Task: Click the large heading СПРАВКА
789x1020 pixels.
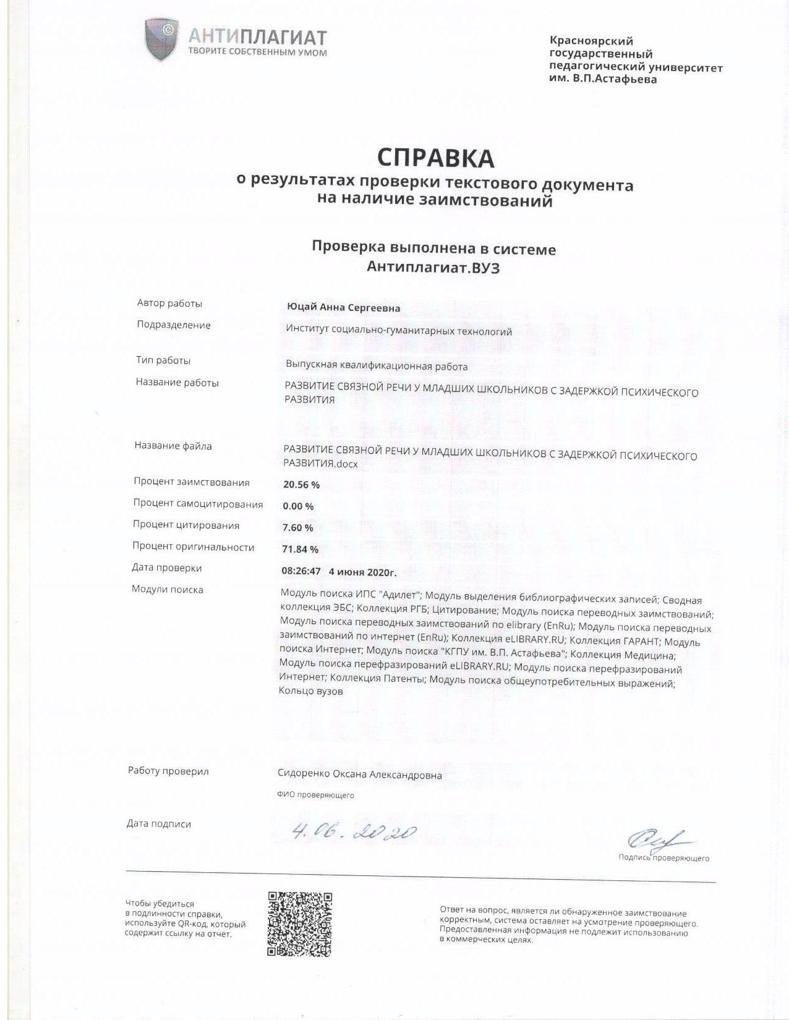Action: click(x=435, y=158)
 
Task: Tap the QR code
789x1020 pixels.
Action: click(x=300, y=924)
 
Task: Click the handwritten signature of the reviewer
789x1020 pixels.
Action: click(x=657, y=839)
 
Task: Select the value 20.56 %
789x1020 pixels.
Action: click(x=301, y=485)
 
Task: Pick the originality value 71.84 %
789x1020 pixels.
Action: click(x=300, y=549)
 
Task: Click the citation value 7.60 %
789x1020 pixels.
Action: click(x=297, y=527)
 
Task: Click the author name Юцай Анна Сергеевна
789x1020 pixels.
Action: click(x=343, y=308)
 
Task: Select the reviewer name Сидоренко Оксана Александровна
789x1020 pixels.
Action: click(x=360, y=775)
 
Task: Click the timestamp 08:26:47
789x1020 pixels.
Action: click(x=301, y=571)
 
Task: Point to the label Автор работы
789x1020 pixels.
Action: click(x=169, y=303)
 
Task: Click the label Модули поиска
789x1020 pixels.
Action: click(x=167, y=589)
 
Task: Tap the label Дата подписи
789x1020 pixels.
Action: click(x=158, y=823)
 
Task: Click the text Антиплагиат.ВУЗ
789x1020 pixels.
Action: click(x=433, y=267)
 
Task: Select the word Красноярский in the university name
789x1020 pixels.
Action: click(x=591, y=41)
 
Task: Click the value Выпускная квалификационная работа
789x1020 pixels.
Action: click(x=377, y=366)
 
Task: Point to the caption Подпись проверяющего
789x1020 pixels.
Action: click(x=663, y=857)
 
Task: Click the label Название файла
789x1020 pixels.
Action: click(x=173, y=446)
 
